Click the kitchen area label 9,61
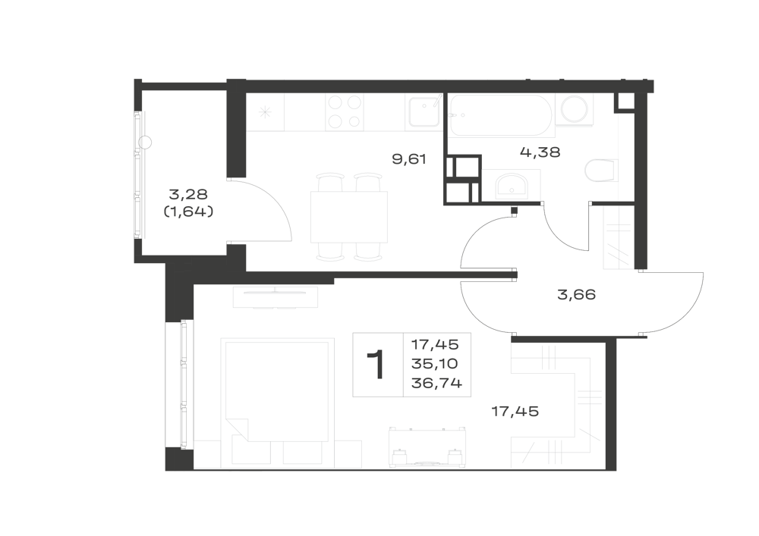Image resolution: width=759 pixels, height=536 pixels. [x=409, y=158]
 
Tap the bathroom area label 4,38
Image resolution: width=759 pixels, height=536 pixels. [x=540, y=152]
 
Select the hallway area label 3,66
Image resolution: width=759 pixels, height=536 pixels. [x=576, y=294]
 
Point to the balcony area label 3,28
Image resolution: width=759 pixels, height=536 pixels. [x=188, y=194]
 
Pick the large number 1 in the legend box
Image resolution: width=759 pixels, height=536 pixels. [x=376, y=365]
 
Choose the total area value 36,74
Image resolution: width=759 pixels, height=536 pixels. [x=436, y=384]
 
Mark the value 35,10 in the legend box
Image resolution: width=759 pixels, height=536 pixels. [x=435, y=363]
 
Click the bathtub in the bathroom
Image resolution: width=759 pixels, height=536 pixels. [x=501, y=115]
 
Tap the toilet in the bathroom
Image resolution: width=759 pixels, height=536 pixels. [x=600, y=170]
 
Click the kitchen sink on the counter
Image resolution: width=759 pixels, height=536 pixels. [x=424, y=113]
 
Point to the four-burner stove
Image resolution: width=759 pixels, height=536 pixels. [x=344, y=112]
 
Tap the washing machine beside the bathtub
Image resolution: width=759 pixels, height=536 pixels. [x=574, y=109]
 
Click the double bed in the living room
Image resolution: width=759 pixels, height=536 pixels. [x=277, y=390]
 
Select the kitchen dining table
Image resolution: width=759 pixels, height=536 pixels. [x=349, y=217]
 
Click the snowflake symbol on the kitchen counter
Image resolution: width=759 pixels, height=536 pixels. [x=265, y=113]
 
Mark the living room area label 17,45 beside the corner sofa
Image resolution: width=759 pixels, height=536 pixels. [x=515, y=412]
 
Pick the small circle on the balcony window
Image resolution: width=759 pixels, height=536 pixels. [x=145, y=143]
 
